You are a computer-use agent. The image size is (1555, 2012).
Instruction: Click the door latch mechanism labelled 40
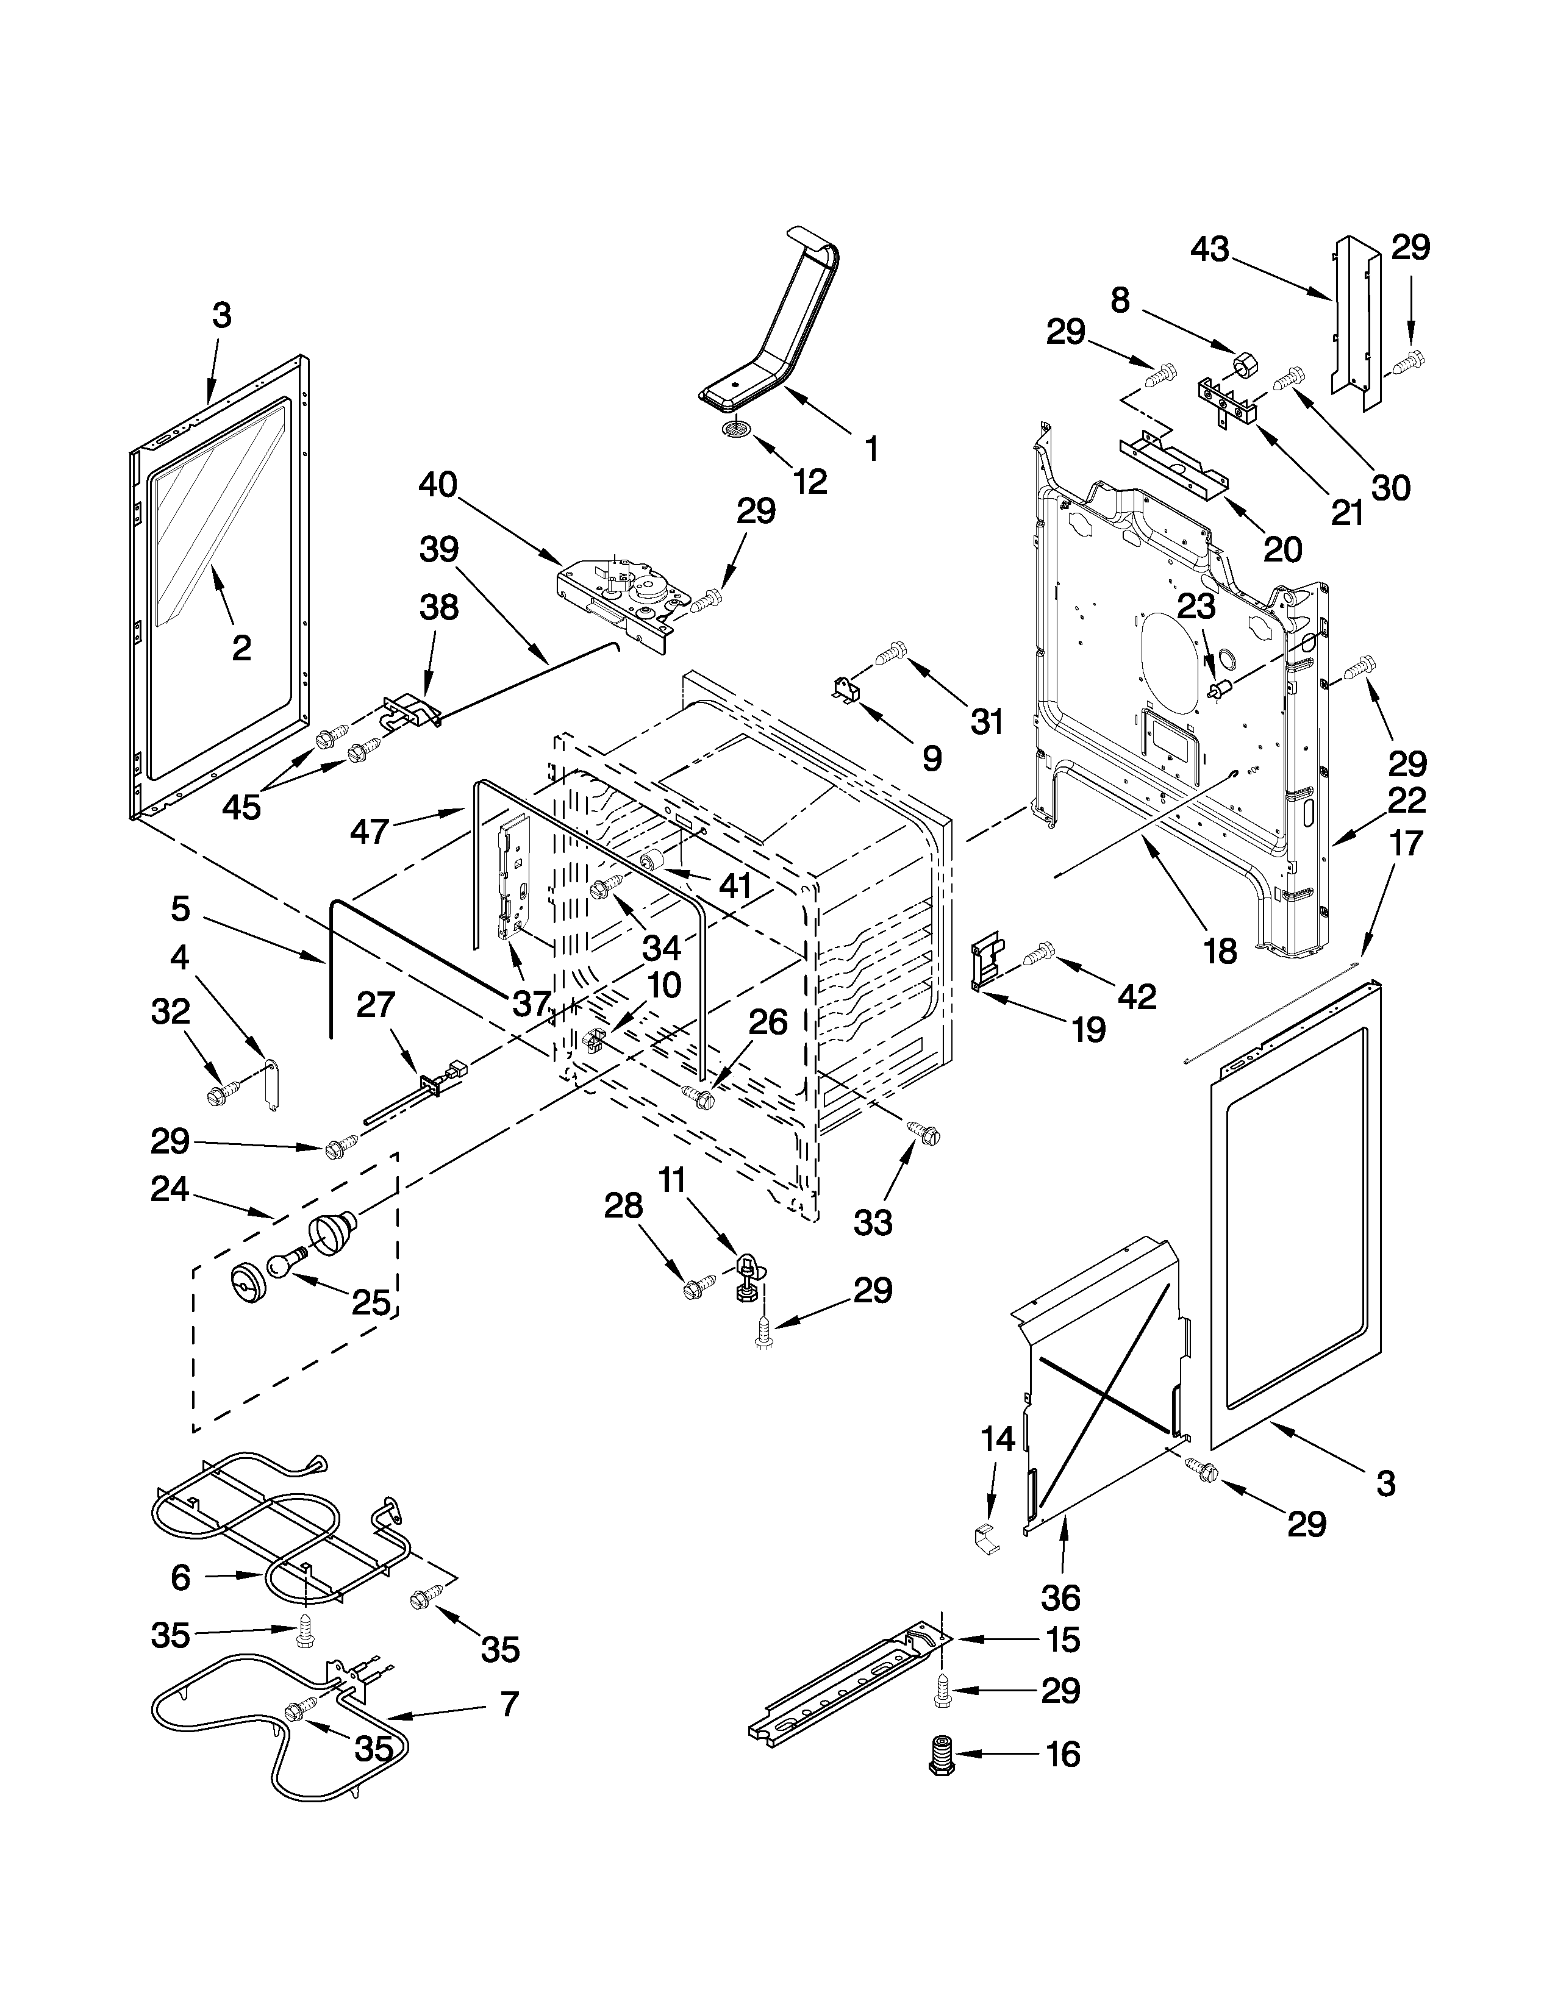622,600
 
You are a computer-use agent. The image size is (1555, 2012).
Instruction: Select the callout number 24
170,1190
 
